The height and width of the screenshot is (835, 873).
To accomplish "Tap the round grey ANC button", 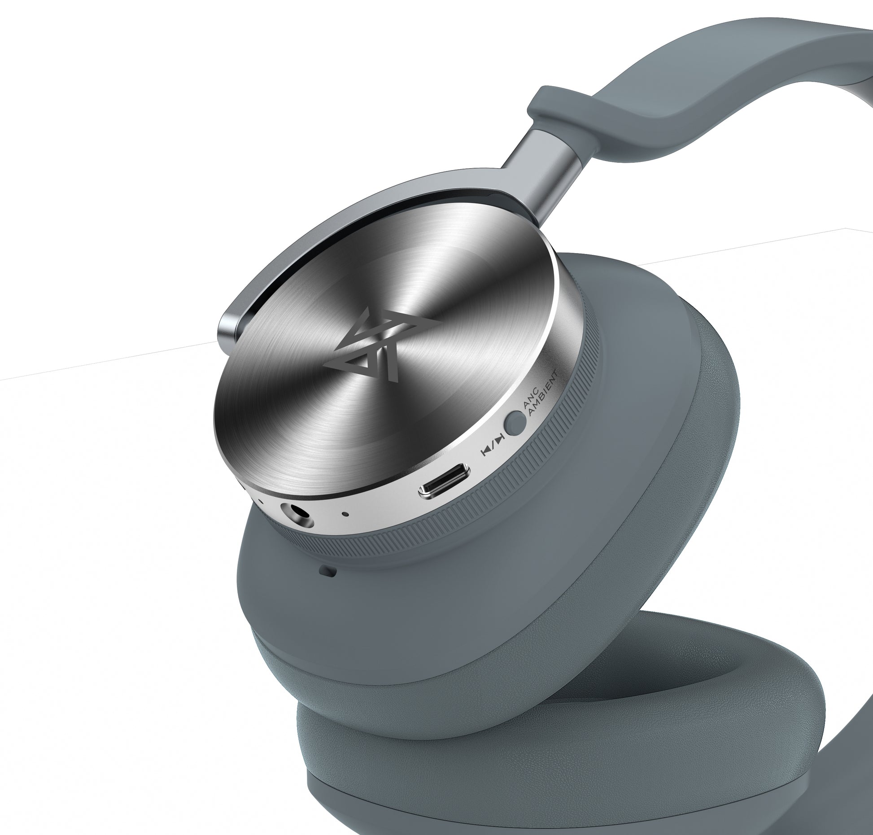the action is pyautogui.click(x=515, y=423).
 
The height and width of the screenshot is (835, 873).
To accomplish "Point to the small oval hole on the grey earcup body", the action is pyautogui.click(x=329, y=571).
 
